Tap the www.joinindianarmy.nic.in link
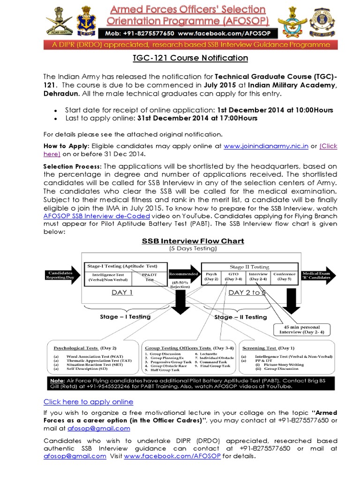[x=266, y=146]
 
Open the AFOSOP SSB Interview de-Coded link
[x=97, y=216]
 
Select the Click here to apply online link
[x=88, y=402]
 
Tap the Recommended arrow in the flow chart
[x=183, y=274]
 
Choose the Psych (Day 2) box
[x=211, y=277]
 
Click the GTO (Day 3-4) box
[x=232, y=277]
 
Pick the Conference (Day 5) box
[x=284, y=277]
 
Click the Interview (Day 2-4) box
[x=258, y=277]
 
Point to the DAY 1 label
[x=122, y=292]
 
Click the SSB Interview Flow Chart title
[x=193, y=241]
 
